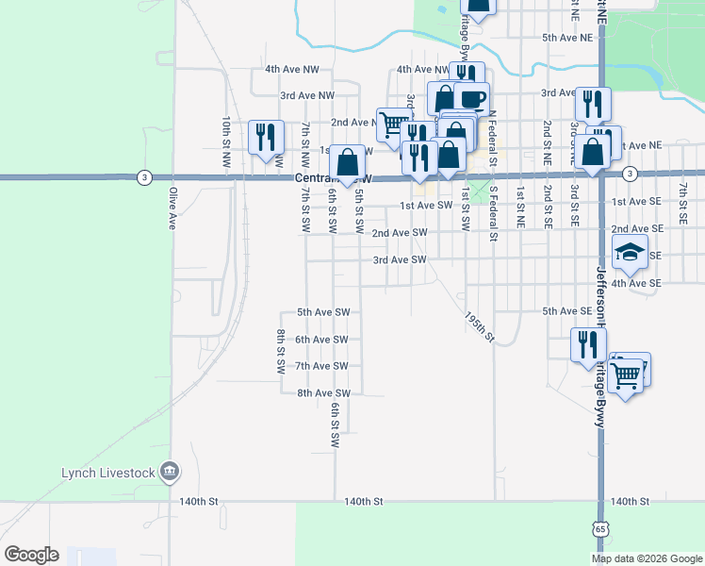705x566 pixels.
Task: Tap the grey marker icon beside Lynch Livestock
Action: [x=170, y=470]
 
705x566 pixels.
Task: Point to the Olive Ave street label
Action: [x=172, y=208]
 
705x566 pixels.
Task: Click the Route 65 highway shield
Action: [x=600, y=529]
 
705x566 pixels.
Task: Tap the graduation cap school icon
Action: [x=630, y=252]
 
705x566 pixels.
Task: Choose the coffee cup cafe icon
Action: [x=471, y=98]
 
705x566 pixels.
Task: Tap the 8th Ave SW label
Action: [x=323, y=393]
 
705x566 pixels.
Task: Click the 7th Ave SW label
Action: [x=322, y=366]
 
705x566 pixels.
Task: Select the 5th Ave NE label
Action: [x=567, y=38]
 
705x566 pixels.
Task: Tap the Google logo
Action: [x=32, y=555]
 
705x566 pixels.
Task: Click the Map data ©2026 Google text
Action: [x=647, y=558]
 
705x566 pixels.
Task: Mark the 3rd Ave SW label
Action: [x=400, y=259]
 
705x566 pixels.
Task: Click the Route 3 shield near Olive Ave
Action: [x=143, y=176]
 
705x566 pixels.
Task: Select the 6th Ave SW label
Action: [x=322, y=340]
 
